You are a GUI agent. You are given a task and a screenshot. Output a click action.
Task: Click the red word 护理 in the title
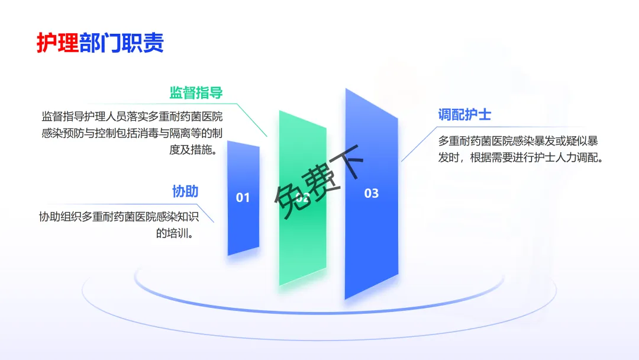57,43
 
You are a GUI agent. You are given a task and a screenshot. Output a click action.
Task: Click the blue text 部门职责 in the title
121,43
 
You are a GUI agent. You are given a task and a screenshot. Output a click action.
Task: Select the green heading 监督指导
196,93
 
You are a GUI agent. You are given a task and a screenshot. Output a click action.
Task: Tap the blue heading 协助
185,191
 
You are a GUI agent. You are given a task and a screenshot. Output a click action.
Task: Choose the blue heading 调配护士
464,114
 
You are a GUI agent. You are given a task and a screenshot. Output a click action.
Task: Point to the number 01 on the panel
243,198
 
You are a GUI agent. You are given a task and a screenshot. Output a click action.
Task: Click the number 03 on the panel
371,193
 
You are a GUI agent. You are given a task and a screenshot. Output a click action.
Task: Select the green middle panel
302,198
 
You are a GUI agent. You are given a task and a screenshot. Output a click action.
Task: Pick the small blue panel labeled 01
243,198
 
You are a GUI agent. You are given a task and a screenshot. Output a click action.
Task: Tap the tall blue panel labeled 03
371,194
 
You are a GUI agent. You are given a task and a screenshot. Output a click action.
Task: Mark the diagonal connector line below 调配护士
419,144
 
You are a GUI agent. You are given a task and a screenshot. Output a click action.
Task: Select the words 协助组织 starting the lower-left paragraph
60,217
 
